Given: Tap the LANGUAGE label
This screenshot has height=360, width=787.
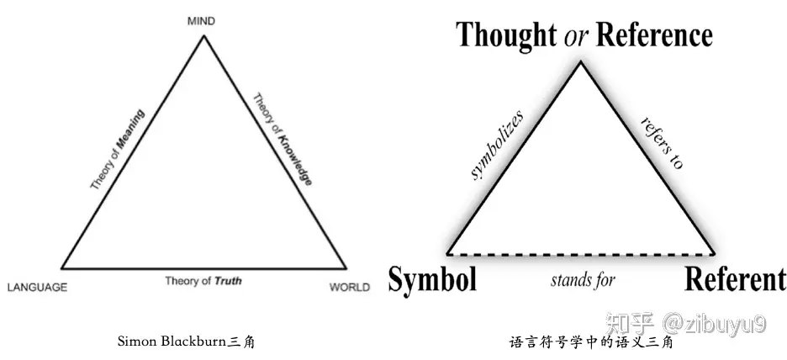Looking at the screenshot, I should click(x=37, y=288).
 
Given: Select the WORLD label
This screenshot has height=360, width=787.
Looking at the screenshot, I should click(x=349, y=288).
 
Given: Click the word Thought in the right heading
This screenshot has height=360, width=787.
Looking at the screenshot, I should click(x=505, y=35).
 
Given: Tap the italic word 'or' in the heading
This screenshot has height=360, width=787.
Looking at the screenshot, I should click(x=576, y=36).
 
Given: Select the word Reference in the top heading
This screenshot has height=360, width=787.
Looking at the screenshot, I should click(x=654, y=35).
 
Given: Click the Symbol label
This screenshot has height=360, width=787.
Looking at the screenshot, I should click(x=432, y=278).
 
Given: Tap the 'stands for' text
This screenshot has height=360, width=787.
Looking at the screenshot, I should click(x=583, y=280).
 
